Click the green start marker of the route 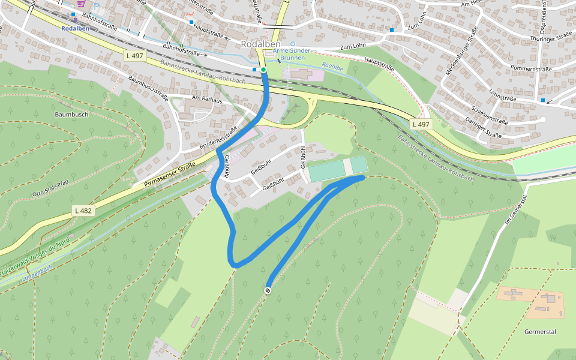263,70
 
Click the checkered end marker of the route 268,290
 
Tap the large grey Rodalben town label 261,44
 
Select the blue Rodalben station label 75,28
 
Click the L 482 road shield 83,211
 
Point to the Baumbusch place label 71,114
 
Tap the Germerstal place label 540,331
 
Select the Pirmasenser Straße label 170,176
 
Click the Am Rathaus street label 206,100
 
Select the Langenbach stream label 38,274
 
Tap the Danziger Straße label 484,128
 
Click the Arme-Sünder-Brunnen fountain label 292,55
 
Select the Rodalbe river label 332,67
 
